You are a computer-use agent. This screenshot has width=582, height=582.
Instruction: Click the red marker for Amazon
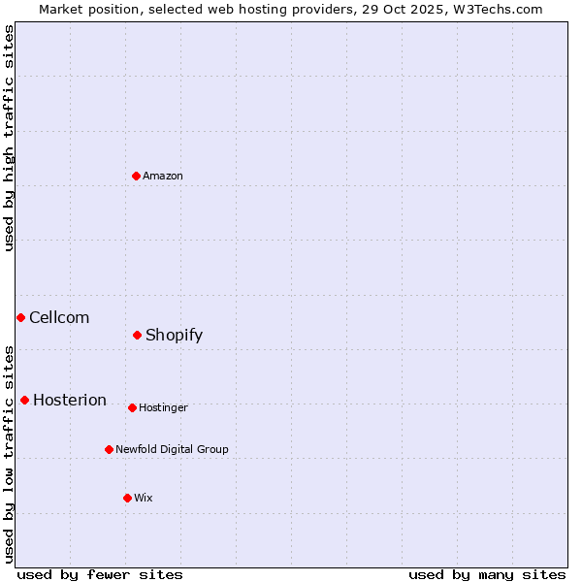pos(136,176)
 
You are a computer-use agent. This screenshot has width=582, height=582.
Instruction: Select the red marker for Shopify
pos(137,335)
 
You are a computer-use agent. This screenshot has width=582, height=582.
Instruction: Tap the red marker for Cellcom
pos(20,317)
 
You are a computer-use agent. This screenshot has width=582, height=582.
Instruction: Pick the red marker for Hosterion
pos(24,400)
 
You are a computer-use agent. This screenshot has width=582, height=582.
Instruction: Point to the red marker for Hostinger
pos(132,407)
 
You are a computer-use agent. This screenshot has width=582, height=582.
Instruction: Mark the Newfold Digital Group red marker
pos(109,449)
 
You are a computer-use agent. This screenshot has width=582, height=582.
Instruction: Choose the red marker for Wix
pos(127,498)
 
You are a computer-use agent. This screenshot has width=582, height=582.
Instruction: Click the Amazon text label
pos(163,176)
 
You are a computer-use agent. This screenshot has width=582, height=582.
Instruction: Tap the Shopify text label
pos(174,335)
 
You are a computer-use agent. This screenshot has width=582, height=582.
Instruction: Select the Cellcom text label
pos(59,317)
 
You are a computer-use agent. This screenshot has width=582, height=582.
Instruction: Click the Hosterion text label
pos(70,400)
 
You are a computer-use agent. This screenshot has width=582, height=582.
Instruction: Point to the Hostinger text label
pos(163,407)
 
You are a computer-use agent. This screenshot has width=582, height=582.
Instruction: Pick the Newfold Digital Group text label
pos(172,449)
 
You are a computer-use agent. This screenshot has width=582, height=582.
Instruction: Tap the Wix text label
pos(144,498)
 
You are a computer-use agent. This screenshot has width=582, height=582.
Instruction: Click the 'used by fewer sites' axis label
pos(100,574)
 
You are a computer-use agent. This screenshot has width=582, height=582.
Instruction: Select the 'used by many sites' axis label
pos(487,574)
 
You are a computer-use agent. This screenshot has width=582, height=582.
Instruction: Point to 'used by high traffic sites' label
pos(9,138)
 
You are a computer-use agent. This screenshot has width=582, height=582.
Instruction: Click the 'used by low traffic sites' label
pos(9,454)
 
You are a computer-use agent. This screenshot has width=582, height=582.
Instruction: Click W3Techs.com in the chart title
pos(499,9)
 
